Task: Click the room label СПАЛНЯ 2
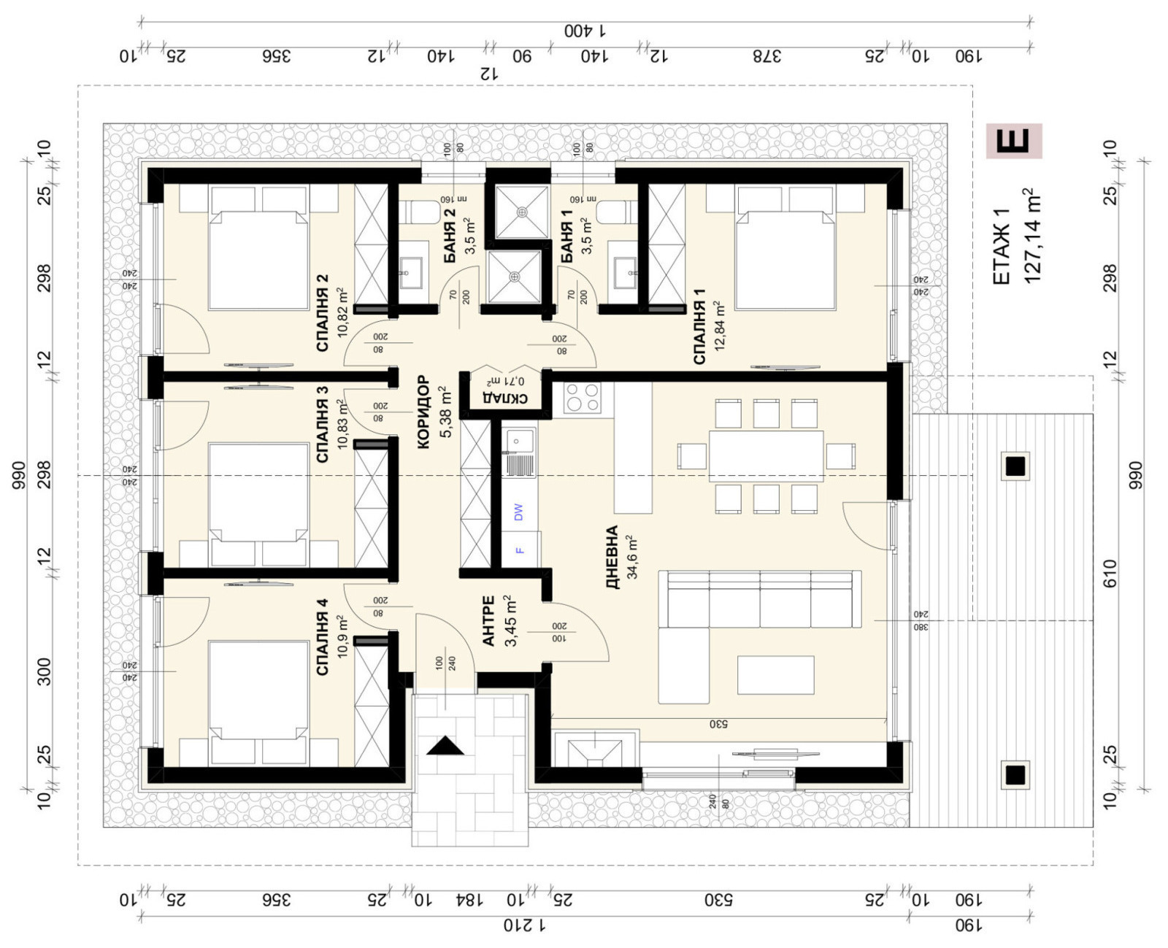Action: click(x=322, y=313)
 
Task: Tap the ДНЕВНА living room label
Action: click(x=612, y=556)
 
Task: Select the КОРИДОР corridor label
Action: click(x=423, y=411)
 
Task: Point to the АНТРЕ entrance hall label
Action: click(x=489, y=620)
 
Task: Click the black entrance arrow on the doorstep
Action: click(x=445, y=746)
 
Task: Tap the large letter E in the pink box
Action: click(x=1014, y=140)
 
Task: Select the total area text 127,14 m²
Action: click(x=1031, y=236)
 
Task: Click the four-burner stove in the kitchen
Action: click(x=582, y=398)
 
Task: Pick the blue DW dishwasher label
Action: click(x=519, y=512)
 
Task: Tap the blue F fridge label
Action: click(x=520, y=550)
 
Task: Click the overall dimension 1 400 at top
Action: click(x=586, y=31)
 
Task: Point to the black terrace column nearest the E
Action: click(x=1015, y=466)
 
